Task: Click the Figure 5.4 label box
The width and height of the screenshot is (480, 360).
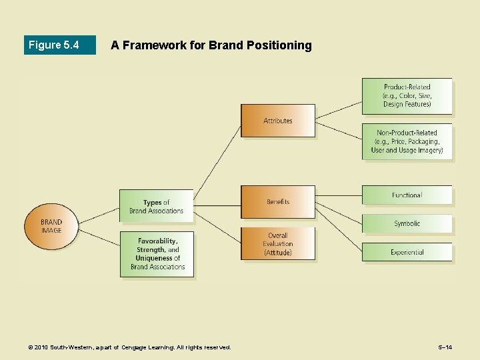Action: [x=59, y=45]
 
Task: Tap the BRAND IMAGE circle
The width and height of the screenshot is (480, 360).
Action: [x=51, y=226]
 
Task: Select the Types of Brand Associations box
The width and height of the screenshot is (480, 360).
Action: [x=156, y=206]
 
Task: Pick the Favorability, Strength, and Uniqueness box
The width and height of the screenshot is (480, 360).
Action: [x=157, y=254]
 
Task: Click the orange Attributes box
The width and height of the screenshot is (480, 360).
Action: [x=277, y=121]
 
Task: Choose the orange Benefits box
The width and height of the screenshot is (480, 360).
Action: [x=277, y=201]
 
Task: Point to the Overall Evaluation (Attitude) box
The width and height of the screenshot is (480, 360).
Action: [x=277, y=244]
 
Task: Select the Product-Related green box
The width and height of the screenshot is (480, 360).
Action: [x=407, y=96]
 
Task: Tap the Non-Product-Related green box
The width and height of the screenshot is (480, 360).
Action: [x=407, y=141]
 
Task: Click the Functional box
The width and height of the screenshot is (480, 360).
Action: [x=407, y=195]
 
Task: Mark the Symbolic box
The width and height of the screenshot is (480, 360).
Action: [x=407, y=223]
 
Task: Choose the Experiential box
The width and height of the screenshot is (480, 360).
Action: [x=407, y=252]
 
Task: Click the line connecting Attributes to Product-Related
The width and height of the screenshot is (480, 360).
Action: [x=339, y=109]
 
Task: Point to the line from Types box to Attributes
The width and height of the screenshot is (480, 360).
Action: [x=217, y=160]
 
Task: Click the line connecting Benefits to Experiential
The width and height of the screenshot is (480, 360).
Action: [x=339, y=227]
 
